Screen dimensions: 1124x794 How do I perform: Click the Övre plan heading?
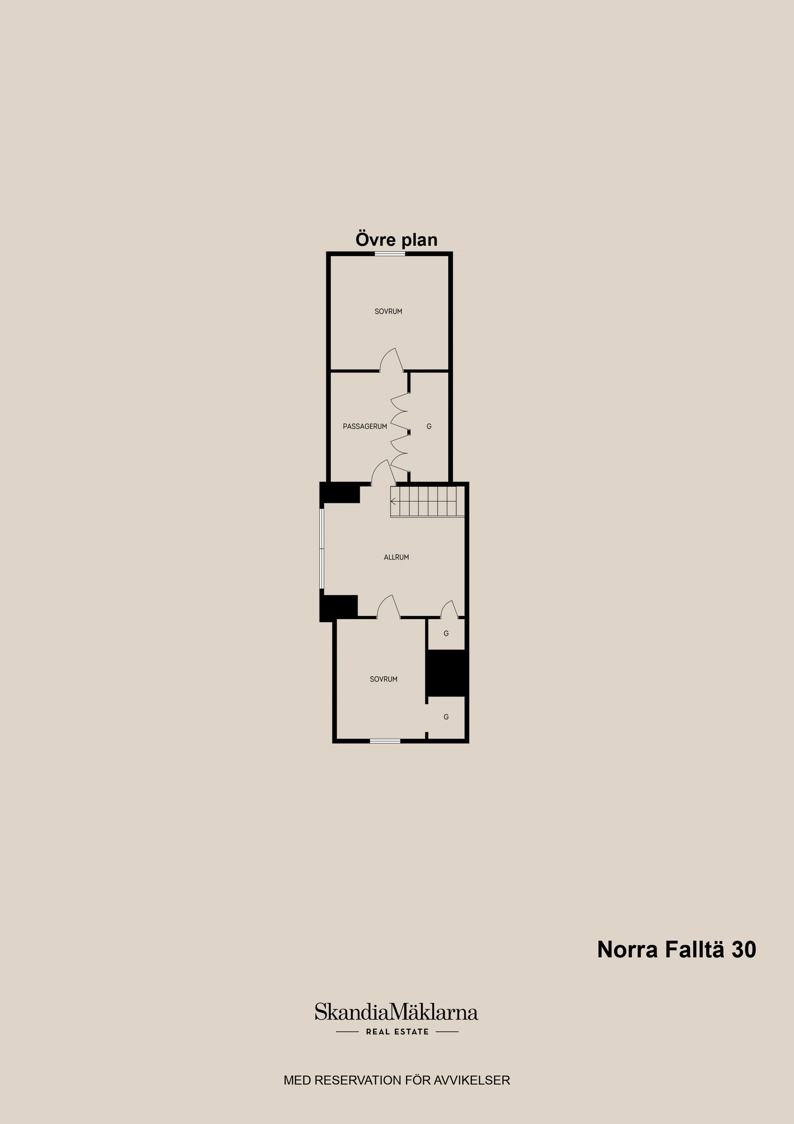396,240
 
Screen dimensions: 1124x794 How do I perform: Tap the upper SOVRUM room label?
388,311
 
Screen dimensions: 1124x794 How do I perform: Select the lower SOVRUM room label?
383,679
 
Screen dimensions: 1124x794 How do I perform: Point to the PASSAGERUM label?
365,426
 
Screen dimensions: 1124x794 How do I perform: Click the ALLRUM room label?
396,557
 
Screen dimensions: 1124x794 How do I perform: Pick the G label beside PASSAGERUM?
429,426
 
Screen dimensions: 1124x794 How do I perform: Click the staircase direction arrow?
393,501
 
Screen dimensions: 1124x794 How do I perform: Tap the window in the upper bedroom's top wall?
390,254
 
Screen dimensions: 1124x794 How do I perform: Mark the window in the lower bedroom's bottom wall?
385,741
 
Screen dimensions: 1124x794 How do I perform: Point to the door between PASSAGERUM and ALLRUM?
383,473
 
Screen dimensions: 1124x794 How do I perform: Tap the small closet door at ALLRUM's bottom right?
449,610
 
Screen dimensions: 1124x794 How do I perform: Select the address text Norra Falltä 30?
677,949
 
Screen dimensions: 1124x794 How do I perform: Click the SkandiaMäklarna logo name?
396,1012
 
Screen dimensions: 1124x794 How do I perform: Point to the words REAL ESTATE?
397,1031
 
